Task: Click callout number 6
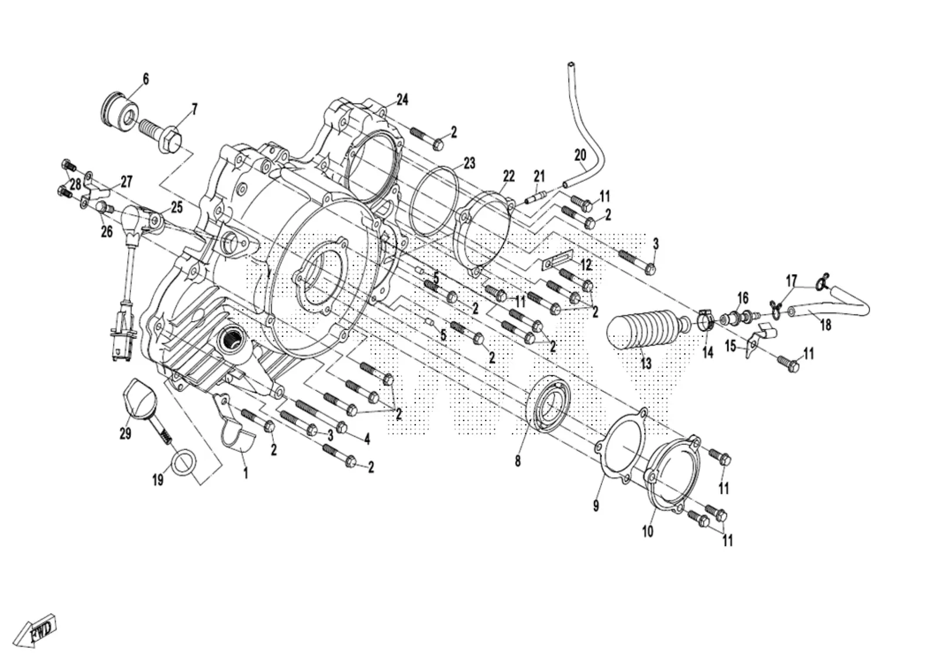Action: [146, 78]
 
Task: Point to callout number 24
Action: [402, 99]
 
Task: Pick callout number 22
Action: [508, 177]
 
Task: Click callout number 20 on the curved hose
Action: [580, 156]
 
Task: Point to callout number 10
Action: [647, 532]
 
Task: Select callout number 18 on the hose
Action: [825, 325]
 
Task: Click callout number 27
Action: [126, 181]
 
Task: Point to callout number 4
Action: [367, 439]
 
